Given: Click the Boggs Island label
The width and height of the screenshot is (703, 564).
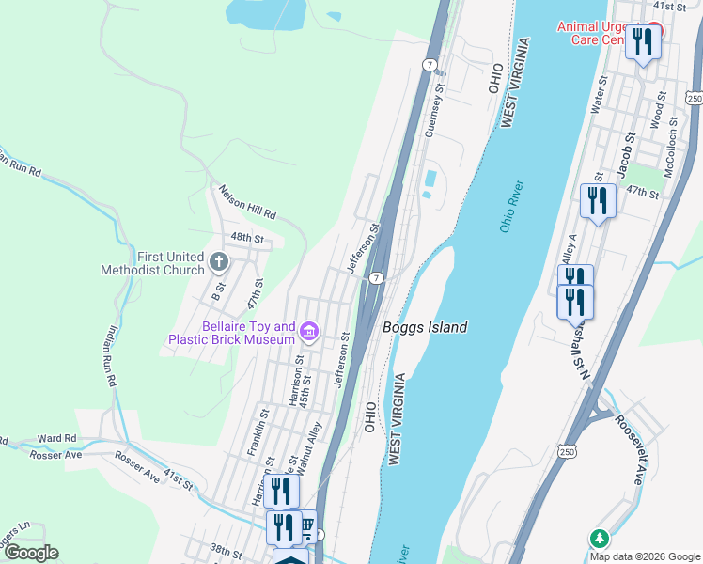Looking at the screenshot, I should pyautogui.click(x=425, y=327).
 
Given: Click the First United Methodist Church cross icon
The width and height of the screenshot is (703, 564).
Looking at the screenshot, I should pyautogui.click(x=219, y=262).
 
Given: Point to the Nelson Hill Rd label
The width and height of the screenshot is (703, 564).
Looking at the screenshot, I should pyautogui.click(x=246, y=201).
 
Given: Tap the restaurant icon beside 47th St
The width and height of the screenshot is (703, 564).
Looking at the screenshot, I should pyautogui.click(x=598, y=200).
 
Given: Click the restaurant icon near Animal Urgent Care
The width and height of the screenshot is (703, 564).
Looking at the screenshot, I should pyautogui.click(x=643, y=42).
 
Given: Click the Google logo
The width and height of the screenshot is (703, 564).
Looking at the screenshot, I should pyautogui.click(x=31, y=553).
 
